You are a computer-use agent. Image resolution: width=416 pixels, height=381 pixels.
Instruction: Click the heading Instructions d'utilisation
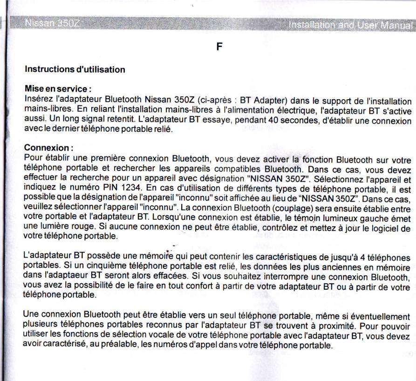click(x=75, y=70)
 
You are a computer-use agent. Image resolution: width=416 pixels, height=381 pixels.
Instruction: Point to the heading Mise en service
click(x=57, y=88)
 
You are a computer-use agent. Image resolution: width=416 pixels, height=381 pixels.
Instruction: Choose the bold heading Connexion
click(x=48, y=148)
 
